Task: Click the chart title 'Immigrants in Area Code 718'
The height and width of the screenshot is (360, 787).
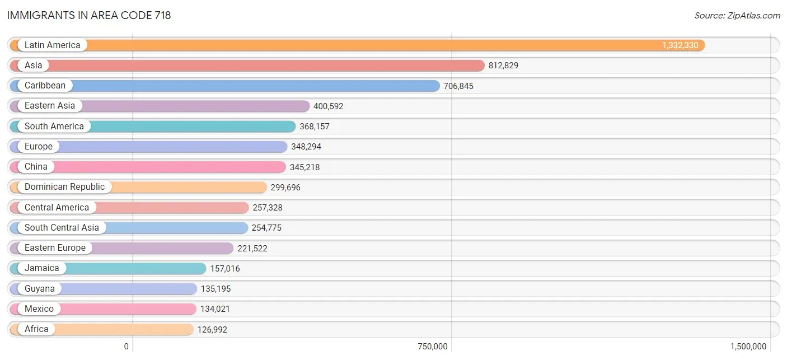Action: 89,15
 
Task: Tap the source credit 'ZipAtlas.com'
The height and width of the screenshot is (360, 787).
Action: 737,15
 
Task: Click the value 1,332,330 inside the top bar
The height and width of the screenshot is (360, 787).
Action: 680,45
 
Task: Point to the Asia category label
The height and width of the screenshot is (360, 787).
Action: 33,66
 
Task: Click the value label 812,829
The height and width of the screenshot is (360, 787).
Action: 503,66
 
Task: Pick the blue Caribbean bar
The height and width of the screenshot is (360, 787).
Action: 252,86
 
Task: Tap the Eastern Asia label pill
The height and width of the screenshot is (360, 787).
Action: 49,106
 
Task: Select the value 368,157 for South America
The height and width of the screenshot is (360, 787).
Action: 315,127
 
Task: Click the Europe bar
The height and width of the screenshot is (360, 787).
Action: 168,147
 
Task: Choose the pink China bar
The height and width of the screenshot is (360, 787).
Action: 168,167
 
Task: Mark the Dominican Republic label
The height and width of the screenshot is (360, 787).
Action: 64,187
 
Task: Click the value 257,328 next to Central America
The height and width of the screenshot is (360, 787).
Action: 268,208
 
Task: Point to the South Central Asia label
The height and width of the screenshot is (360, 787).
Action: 62,228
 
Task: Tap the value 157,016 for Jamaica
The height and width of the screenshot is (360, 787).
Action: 225,269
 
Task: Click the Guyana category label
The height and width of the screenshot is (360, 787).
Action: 39,289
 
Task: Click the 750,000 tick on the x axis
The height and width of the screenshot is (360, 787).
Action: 433,347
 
